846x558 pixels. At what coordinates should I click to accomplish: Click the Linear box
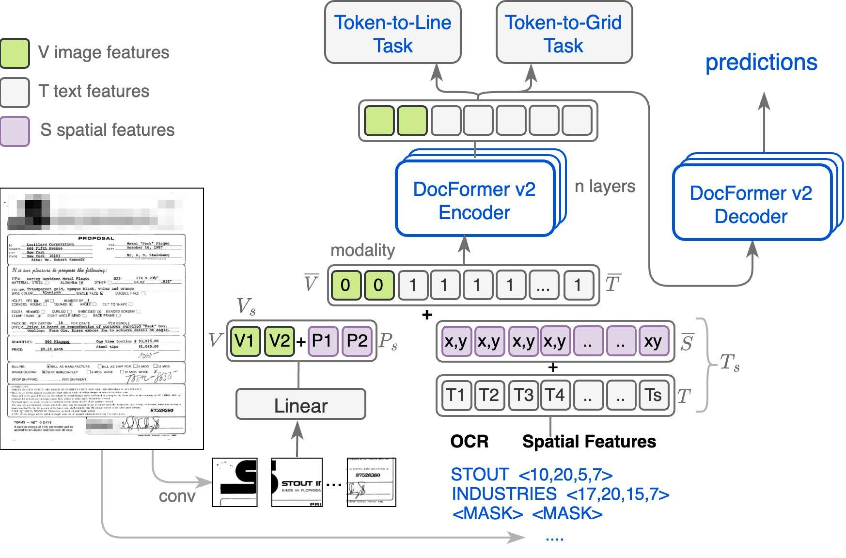[x=300, y=404]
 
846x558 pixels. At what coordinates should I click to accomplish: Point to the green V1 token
[x=245, y=341]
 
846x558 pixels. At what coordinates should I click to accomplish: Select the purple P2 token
[x=357, y=341]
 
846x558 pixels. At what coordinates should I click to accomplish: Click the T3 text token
[x=523, y=395]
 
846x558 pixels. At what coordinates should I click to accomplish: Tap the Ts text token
[x=653, y=395]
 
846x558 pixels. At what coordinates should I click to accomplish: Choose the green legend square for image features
[x=15, y=52]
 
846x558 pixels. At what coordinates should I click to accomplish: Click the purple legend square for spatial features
[x=15, y=130]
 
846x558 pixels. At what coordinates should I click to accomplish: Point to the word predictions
[x=761, y=63]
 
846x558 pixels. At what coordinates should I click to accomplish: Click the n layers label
[x=605, y=186]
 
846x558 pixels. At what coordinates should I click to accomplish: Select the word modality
[x=362, y=250]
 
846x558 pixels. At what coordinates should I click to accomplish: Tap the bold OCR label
[x=469, y=441]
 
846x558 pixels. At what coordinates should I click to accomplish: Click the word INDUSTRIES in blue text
[x=504, y=494]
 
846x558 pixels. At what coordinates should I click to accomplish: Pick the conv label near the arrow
[x=177, y=496]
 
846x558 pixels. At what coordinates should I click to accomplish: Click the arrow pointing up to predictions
[x=764, y=121]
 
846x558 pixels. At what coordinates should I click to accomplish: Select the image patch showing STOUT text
[x=297, y=482]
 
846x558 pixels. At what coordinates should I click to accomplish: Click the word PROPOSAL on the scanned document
[x=96, y=238]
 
